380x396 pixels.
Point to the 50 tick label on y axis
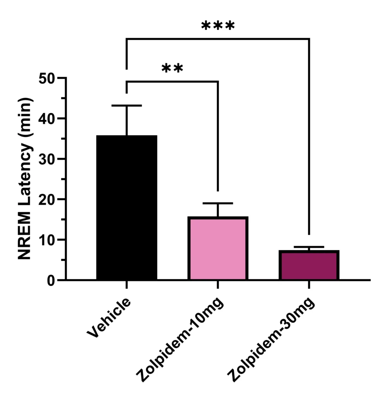tap(47, 78)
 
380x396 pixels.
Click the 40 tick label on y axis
tap(47, 119)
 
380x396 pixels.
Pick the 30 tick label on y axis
tap(47, 159)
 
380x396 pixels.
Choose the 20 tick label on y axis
tap(47, 200)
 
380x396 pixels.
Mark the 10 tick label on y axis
tap(47, 240)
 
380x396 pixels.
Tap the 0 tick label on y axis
tap(52, 280)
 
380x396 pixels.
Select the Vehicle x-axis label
tap(109, 317)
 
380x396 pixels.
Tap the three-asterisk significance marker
tap(218, 26)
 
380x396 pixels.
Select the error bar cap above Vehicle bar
tap(127, 106)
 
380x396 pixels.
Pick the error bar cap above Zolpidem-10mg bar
tap(218, 203)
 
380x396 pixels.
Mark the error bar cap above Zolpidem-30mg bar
tap(309, 247)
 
